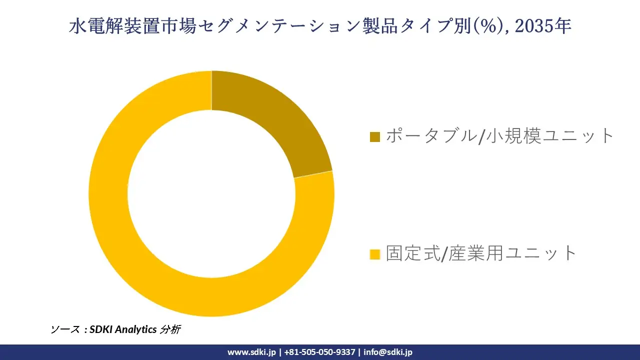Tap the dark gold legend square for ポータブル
pyautogui.click(x=374, y=136)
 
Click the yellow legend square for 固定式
pyautogui.click(x=374, y=254)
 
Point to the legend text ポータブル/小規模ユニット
pyautogui.click(x=499, y=136)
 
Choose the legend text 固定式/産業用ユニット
pyautogui.click(x=481, y=253)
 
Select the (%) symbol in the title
pyautogui.click(x=484, y=26)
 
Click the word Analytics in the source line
pyautogui.click(x=136, y=329)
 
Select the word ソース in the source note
pyautogui.click(x=64, y=329)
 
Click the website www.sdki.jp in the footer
pyautogui.click(x=251, y=352)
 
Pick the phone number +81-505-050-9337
pyautogui.click(x=319, y=352)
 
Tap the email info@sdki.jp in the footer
pyautogui.click(x=388, y=352)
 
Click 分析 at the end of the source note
pyautogui.click(x=170, y=329)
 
